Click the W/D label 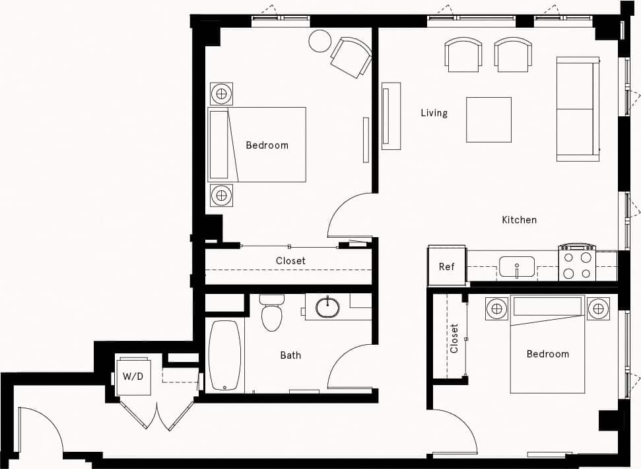click(132, 377)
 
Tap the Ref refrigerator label click(447, 267)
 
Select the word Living click(434, 113)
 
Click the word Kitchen click(519, 219)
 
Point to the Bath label click(290, 355)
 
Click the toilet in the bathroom click(271, 313)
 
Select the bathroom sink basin click(327, 307)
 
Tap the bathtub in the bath click(224, 355)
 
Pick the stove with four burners click(577, 264)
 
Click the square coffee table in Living click(489, 120)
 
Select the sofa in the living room click(578, 109)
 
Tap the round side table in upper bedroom click(320, 41)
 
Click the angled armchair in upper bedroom click(351, 57)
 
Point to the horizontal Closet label click(290, 261)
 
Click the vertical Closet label click(454, 338)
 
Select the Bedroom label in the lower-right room click(547, 354)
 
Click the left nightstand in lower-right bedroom click(496, 308)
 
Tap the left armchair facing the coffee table click(463, 54)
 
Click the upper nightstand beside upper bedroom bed click(222, 93)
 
